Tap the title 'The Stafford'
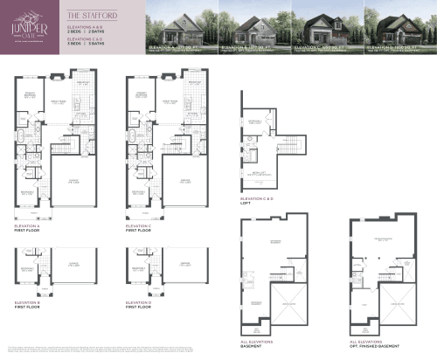pos(83,15)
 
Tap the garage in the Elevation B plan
pos(73,267)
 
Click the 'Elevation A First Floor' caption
pos(30,228)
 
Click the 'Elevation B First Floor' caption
pos(30,306)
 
